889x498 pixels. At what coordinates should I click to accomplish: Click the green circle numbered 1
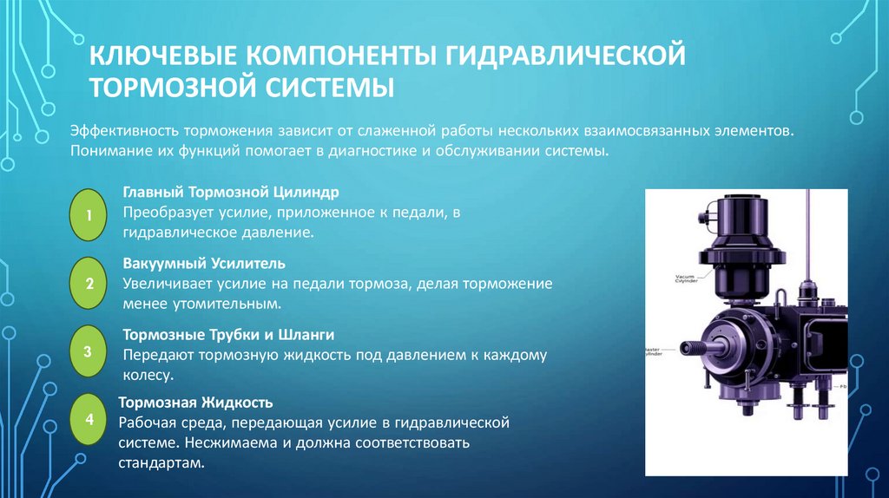coord(88,213)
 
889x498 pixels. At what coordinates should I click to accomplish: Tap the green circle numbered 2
coord(88,283)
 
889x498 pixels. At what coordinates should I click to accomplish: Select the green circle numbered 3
coord(88,351)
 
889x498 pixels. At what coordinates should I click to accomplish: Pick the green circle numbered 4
coord(88,420)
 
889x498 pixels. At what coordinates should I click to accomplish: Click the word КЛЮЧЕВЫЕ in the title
coord(161,56)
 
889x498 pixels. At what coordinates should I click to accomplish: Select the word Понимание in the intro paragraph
coord(109,150)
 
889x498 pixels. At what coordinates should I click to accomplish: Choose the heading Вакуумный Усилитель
coord(204,262)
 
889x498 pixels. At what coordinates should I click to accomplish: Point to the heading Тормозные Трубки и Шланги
coord(228,334)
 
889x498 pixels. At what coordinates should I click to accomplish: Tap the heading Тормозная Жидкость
coord(195,403)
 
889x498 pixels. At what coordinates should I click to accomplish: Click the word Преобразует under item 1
coord(166,212)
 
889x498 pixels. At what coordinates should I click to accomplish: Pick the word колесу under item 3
coord(147,376)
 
